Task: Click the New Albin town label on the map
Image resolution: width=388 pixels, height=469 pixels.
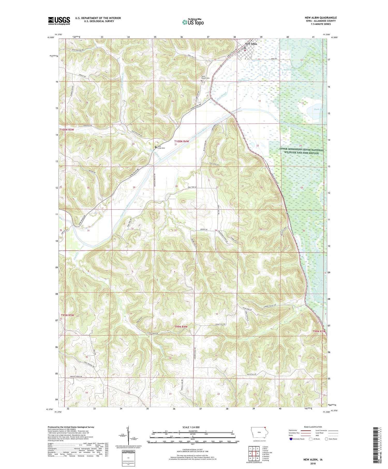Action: point(251,44)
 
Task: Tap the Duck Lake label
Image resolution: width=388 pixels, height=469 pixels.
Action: point(319,109)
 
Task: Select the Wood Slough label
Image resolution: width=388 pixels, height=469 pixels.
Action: point(289,70)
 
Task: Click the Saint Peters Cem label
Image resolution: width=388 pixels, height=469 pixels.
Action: point(205,77)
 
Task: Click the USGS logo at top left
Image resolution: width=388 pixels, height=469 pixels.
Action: point(59,21)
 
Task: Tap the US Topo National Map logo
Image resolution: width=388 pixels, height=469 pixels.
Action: point(193,22)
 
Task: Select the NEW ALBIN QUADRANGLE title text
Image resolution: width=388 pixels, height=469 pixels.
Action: point(320,18)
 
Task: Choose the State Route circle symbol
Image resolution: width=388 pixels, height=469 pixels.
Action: point(326,439)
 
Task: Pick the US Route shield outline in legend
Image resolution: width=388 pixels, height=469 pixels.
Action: point(311,439)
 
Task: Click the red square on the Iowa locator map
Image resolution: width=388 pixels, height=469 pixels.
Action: point(265,428)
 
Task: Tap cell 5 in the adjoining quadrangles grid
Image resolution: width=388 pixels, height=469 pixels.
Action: point(257,453)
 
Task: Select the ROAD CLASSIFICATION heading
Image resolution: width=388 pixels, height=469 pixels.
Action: point(313,427)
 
